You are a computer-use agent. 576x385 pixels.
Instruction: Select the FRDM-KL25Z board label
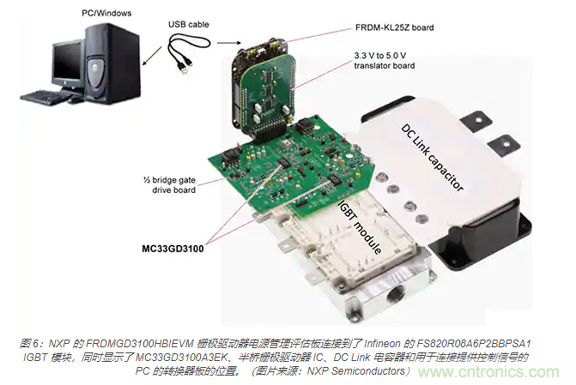pyautogui.click(x=393, y=28)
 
